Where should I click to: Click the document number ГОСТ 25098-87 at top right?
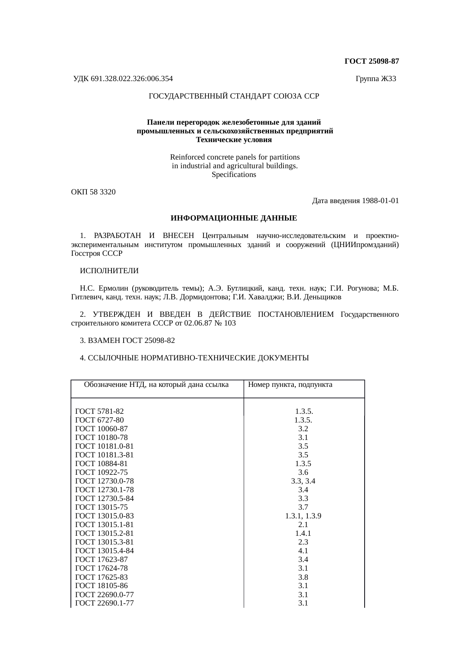[x=371, y=61]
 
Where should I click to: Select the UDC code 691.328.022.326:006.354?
[x=132, y=79]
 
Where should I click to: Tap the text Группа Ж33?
[x=376, y=79]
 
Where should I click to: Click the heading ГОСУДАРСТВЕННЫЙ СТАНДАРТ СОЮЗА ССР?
[x=233, y=96]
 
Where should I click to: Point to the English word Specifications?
[x=233, y=175]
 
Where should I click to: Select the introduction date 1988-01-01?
[x=380, y=201]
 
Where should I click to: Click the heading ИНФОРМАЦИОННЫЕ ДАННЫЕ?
[x=233, y=219]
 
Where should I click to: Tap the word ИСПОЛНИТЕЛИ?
[x=109, y=271]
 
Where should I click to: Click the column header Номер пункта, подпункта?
[x=290, y=385]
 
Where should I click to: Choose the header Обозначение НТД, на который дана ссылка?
[x=156, y=385]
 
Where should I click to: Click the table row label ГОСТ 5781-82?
[x=100, y=412]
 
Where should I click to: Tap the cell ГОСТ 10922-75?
[x=102, y=473]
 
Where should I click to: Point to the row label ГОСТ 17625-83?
[x=102, y=577]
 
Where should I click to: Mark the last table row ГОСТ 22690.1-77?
[x=105, y=603]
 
